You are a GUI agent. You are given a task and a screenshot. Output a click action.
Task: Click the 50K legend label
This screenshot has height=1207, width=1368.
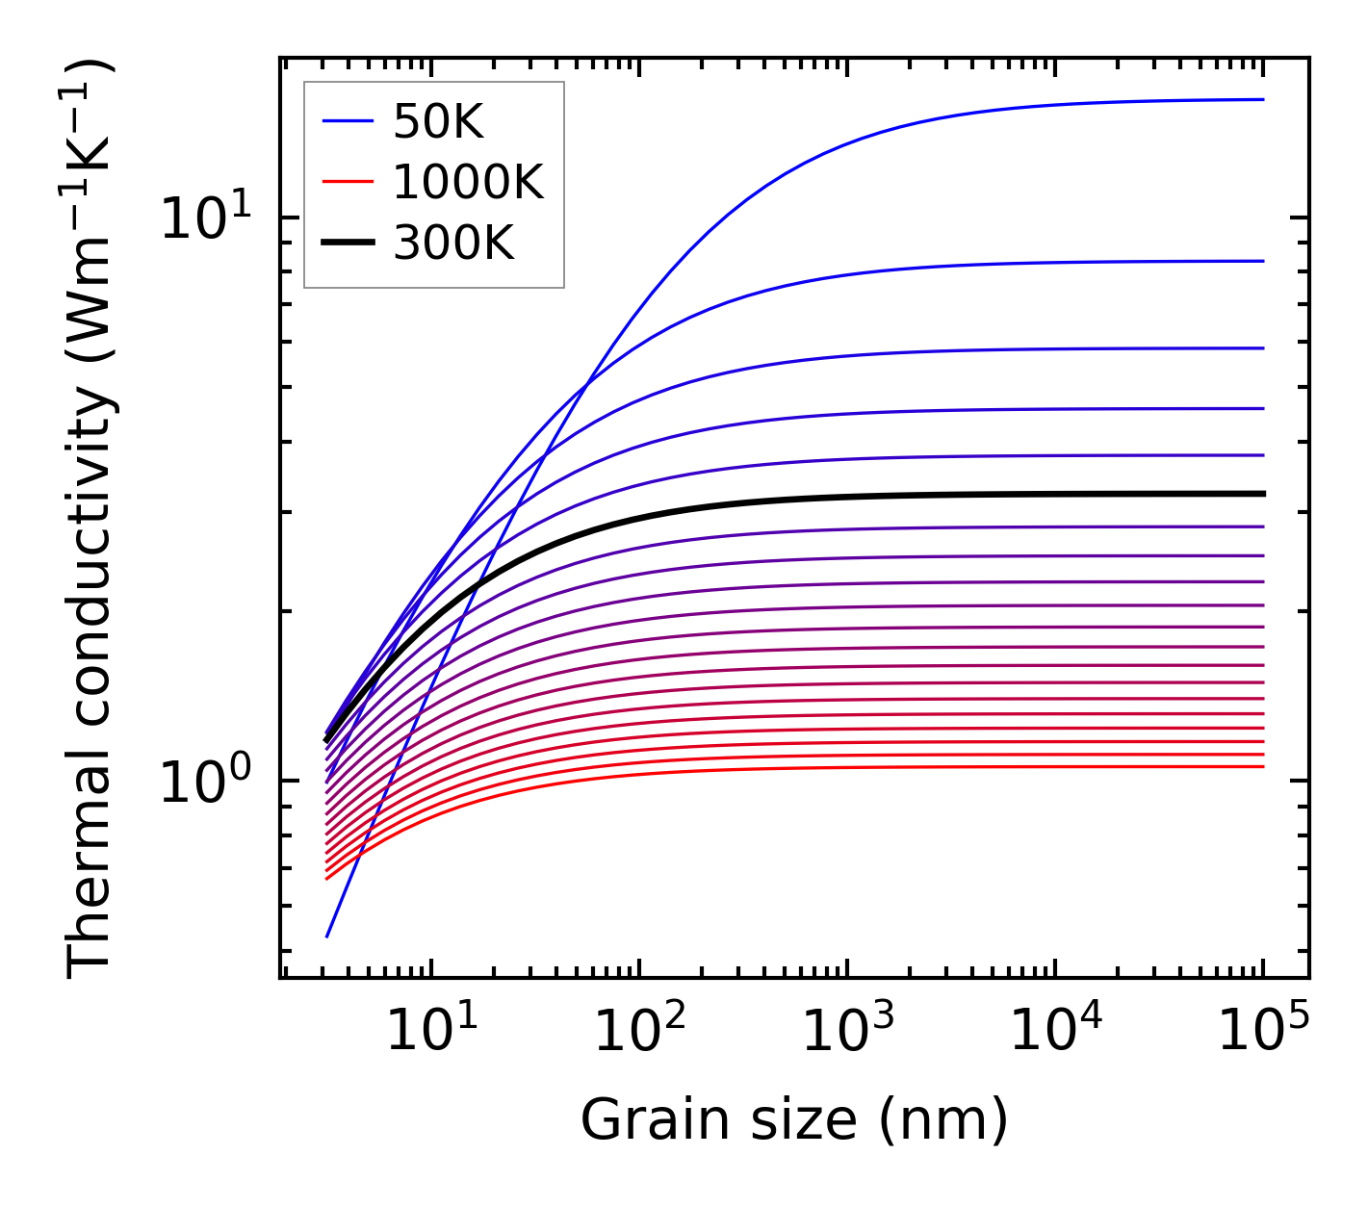(x=438, y=121)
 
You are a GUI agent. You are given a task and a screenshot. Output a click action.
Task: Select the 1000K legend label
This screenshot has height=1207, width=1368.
(x=468, y=182)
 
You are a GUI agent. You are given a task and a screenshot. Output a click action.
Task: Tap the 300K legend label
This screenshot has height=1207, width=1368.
(x=453, y=244)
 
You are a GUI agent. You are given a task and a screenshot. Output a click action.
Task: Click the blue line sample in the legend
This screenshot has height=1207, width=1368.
(x=347, y=121)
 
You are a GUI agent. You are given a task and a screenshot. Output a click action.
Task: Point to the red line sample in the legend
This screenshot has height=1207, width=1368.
(x=347, y=182)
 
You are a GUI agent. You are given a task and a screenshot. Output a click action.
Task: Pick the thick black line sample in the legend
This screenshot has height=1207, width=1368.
(x=347, y=244)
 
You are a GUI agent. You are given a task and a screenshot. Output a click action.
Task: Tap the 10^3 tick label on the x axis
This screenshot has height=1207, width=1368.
(x=846, y=1030)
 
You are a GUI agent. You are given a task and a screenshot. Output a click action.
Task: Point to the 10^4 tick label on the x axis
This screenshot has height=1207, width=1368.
(x=1055, y=1030)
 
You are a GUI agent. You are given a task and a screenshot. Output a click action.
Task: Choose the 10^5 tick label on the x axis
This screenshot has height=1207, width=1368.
(x=1263, y=1030)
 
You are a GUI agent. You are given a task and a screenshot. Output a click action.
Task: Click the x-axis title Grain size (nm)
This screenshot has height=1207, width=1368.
(x=794, y=1120)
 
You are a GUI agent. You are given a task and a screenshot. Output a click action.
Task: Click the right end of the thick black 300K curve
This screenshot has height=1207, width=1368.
(x=1262, y=494)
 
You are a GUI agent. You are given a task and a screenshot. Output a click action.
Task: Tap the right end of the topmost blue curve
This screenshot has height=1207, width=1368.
(x=1262, y=99)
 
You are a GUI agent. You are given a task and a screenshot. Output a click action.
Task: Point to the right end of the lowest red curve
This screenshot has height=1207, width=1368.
(x=1262, y=766)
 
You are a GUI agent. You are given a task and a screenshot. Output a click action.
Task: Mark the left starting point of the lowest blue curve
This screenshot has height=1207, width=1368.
(x=327, y=937)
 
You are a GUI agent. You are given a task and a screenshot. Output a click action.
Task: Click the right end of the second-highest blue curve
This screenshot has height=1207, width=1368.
(x=1262, y=261)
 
